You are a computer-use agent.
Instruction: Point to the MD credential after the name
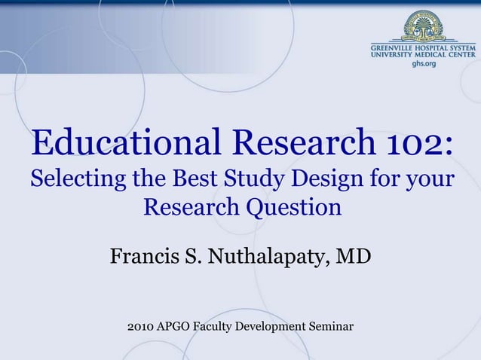point(354,256)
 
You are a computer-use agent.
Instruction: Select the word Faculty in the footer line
point(221,326)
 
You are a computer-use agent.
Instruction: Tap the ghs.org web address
point(424,65)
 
